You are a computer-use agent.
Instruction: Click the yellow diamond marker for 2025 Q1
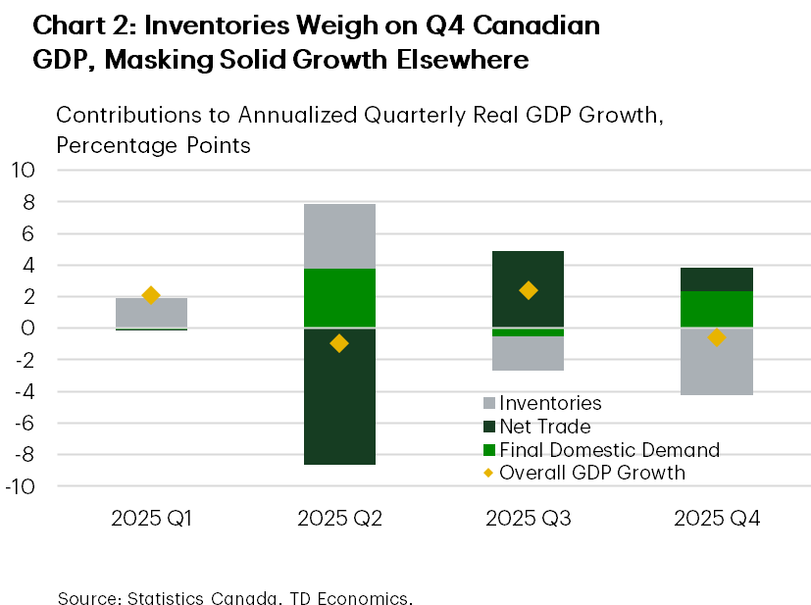pyautogui.click(x=151, y=295)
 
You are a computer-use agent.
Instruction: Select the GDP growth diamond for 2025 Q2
pyautogui.click(x=339, y=343)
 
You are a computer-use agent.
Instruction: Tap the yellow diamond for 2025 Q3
pyautogui.click(x=528, y=290)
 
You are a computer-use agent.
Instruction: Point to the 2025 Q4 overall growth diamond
pyautogui.click(x=716, y=337)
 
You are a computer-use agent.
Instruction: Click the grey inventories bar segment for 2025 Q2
pyautogui.click(x=339, y=235)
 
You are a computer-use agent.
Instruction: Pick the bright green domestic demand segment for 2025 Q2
pyautogui.click(x=339, y=297)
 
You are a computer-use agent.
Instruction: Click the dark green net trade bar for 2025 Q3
pyautogui.click(x=528, y=288)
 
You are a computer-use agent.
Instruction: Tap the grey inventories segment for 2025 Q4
pyautogui.click(x=716, y=362)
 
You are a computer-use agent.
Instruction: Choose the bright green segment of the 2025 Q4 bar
pyautogui.click(x=716, y=309)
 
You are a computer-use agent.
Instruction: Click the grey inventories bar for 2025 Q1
pyautogui.click(x=151, y=313)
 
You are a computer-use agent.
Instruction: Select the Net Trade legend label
pyautogui.click(x=545, y=427)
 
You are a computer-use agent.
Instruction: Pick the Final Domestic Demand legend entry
pyautogui.click(x=609, y=450)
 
